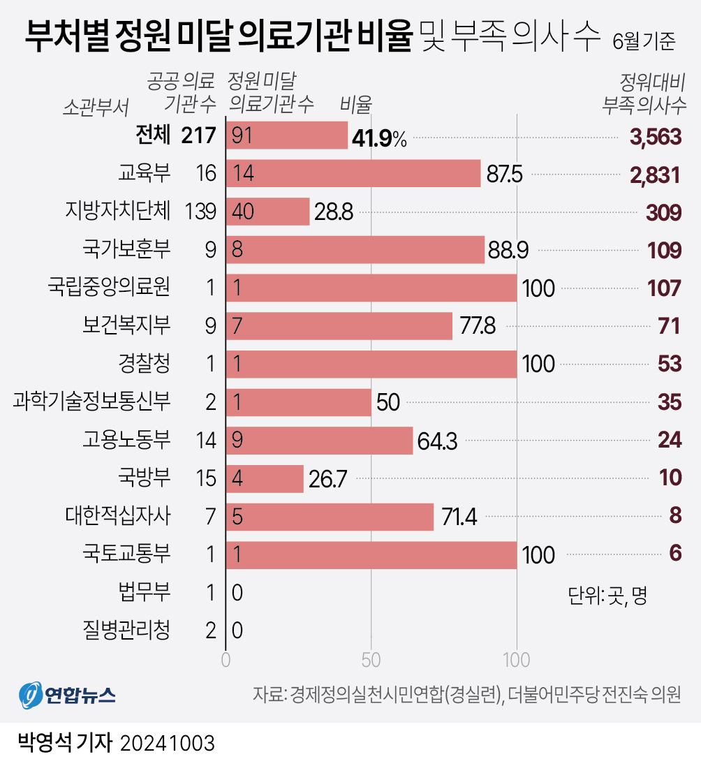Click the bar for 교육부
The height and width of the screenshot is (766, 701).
[x=353, y=174]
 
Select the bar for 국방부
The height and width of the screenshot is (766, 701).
[x=265, y=479]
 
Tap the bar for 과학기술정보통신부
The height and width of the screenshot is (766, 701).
[x=298, y=403]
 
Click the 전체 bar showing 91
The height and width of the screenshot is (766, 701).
[x=286, y=135]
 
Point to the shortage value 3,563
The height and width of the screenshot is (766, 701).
[x=655, y=137]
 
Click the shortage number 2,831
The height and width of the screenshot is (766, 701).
[x=655, y=175]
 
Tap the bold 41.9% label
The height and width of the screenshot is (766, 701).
[x=379, y=138]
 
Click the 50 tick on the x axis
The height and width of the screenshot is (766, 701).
[x=371, y=660]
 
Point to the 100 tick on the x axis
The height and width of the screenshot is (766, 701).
[x=517, y=660]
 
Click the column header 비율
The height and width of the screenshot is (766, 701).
[x=355, y=104]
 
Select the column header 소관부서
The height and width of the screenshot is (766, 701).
[x=96, y=106]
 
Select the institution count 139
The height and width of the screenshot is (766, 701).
[x=201, y=212]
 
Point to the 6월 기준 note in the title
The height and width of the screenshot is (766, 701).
[x=644, y=43]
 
